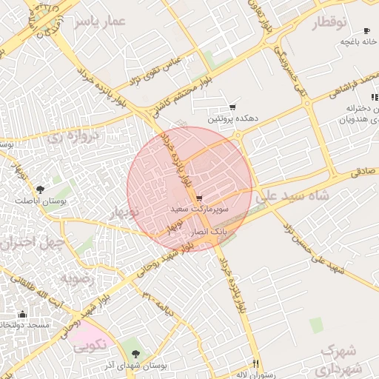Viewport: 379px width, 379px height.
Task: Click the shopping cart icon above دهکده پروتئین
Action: point(232,107)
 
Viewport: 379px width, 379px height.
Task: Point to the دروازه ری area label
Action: point(73,137)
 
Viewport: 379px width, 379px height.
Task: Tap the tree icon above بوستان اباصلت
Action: point(40,189)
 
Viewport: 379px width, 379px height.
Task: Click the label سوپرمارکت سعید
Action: point(200,210)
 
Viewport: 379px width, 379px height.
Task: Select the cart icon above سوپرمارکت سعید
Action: point(199,198)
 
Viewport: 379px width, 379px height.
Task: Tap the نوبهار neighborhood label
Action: point(124,213)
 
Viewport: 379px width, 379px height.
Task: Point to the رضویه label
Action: point(76,278)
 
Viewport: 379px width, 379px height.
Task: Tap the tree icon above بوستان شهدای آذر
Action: point(134,354)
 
